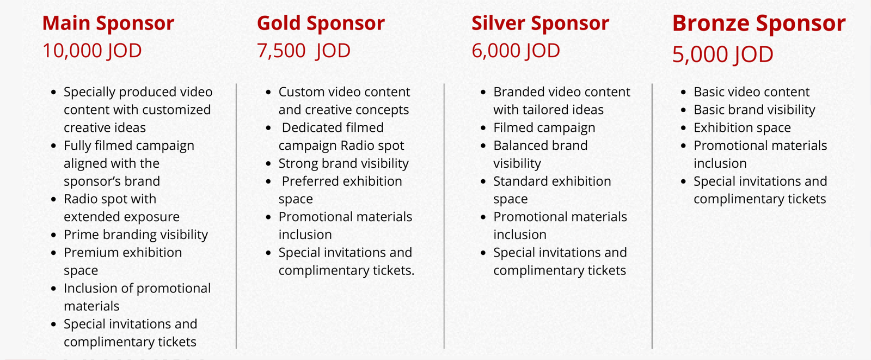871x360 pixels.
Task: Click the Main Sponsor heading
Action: click(108, 24)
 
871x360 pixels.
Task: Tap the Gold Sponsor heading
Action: click(321, 24)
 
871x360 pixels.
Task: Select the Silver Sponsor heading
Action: click(540, 24)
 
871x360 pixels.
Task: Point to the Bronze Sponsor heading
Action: click(759, 24)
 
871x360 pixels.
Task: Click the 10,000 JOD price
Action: click(92, 51)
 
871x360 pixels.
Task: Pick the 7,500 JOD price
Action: click(304, 51)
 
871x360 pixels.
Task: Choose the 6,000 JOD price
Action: click(516, 51)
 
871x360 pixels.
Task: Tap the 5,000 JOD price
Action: click(722, 54)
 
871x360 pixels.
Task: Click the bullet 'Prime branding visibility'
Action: click(136, 235)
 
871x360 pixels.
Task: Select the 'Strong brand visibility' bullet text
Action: click(344, 164)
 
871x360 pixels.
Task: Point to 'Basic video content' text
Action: click(751, 92)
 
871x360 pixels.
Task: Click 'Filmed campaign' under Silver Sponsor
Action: click(544, 128)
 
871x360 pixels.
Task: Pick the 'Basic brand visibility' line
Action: click(755, 110)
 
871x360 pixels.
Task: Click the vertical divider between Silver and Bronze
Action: click(652, 216)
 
